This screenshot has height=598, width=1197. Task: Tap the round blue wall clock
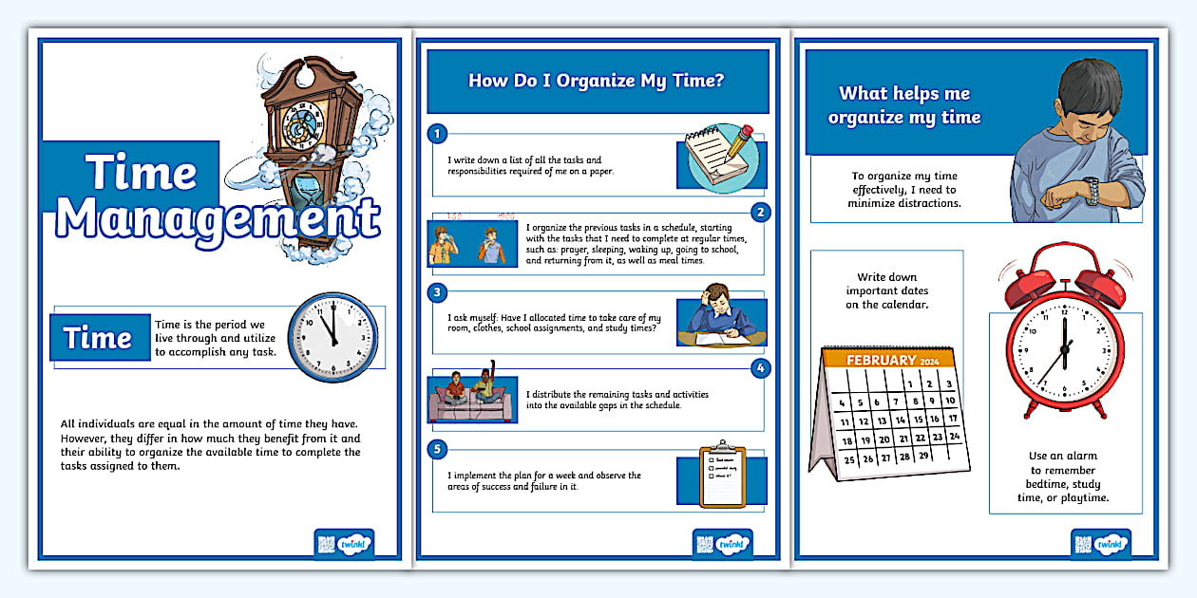[x=332, y=337]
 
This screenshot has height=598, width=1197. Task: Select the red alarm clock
[x=1063, y=332]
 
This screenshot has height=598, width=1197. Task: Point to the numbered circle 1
[x=437, y=133]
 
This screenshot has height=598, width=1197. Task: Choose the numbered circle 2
[x=760, y=212]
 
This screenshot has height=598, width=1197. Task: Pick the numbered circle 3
[x=437, y=291]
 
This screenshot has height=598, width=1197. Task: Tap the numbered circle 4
[x=760, y=368]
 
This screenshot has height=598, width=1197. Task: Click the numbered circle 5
[x=437, y=448]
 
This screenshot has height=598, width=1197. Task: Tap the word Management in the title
[x=218, y=218]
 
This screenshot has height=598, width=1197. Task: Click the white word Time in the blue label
[x=99, y=339]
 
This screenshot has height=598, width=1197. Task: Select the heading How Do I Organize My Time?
[x=597, y=81]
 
